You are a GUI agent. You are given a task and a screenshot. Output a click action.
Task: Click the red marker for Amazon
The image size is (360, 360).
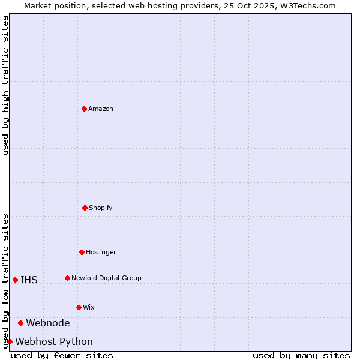(x=85, y=109)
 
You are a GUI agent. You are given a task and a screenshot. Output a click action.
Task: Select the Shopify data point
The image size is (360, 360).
(x=85, y=208)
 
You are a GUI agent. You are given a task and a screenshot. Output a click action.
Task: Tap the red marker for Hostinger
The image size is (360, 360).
(x=82, y=252)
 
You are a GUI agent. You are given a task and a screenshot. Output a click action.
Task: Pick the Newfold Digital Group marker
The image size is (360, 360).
(x=67, y=278)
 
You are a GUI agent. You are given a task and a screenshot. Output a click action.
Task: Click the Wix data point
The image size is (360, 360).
(x=79, y=307)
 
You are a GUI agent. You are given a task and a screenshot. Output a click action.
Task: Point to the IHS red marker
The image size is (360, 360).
(x=15, y=280)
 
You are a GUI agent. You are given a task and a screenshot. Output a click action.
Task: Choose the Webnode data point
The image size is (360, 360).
(x=20, y=323)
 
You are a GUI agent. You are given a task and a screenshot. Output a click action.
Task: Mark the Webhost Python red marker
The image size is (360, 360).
(x=10, y=341)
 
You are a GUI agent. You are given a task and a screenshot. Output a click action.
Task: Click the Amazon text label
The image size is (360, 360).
(x=101, y=109)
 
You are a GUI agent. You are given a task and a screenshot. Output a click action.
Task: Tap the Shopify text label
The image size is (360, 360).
(x=101, y=208)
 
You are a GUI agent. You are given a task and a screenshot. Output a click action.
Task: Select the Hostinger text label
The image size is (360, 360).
(x=101, y=252)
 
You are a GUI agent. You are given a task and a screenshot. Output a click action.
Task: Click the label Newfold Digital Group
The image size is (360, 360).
(x=106, y=278)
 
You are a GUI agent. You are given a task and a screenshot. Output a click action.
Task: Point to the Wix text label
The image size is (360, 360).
(x=89, y=307)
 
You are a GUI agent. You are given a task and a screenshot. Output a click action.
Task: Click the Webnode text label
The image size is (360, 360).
(x=48, y=323)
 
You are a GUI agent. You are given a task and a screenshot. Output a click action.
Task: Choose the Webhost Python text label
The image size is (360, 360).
(x=54, y=341)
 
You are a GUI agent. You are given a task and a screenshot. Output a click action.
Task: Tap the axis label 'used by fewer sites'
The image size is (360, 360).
(x=62, y=355)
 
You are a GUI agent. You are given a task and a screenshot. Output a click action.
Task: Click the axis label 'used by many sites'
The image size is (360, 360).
(x=301, y=355)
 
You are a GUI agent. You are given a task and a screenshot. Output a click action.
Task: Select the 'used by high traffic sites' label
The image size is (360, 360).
(x=5, y=85)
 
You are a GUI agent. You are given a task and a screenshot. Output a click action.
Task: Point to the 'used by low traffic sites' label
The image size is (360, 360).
(x=5, y=280)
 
